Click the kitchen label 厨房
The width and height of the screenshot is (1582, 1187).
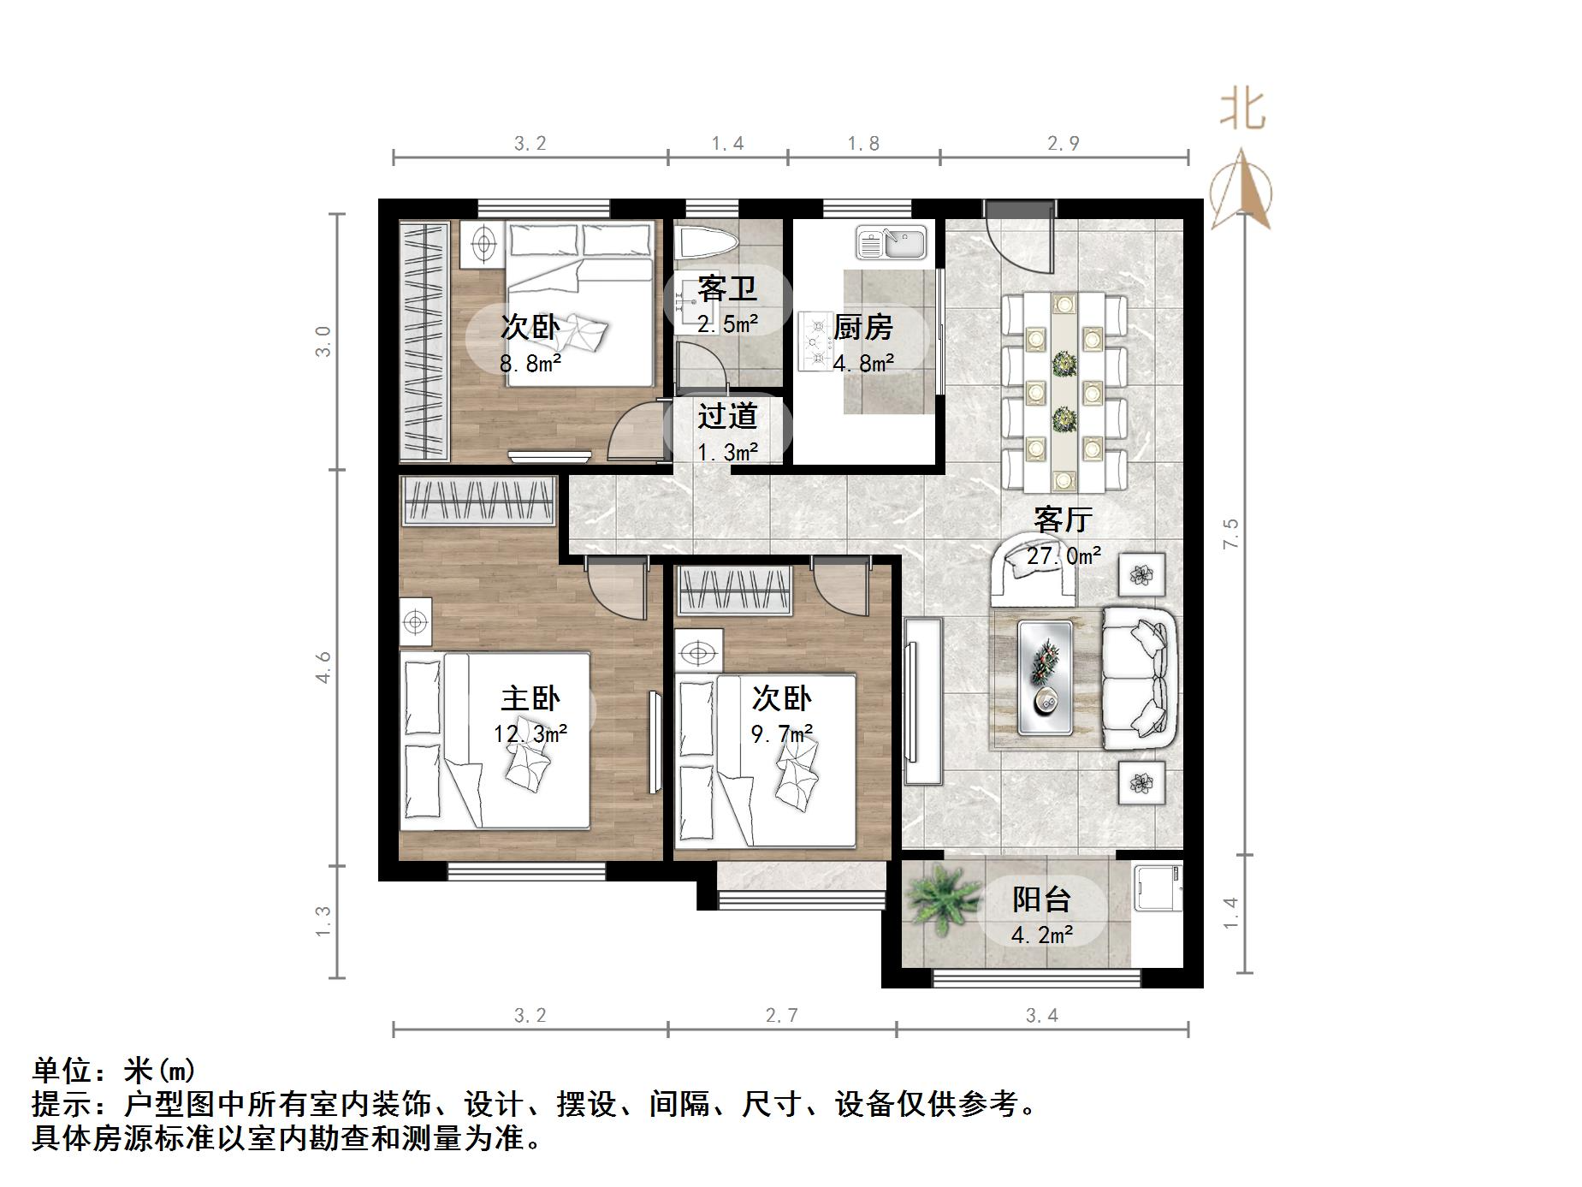pos(863,327)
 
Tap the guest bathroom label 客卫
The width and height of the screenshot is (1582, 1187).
pos(726,288)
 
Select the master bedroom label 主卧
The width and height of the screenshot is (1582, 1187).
pos(530,698)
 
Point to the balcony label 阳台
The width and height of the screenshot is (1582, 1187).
pos(1041,899)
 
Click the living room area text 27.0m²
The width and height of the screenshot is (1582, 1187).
pos(1064,556)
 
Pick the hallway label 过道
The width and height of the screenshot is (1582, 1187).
pos(727,417)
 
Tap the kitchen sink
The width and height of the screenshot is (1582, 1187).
pos(892,242)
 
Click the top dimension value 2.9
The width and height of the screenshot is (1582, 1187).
pos(1063,144)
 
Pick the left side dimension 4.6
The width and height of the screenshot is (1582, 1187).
pos(323,667)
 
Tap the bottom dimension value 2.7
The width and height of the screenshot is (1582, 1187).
pos(781,1016)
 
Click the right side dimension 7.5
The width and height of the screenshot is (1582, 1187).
pos(1230,534)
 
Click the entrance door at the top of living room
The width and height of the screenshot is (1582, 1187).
pos(1018,231)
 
